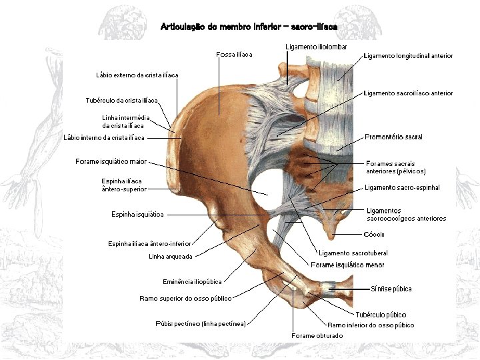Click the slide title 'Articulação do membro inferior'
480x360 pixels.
tap(249, 27)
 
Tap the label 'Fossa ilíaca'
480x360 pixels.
tap(235, 54)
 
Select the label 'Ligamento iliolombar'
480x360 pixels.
tap(315, 46)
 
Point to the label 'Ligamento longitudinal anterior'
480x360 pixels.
tap(408, 56)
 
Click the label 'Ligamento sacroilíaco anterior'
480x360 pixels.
tap(408, 93)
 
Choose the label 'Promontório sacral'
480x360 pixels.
tap(393, 137)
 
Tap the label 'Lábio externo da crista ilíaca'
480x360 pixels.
tap(137, 75)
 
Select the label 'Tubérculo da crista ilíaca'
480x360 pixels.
tap(122, 101)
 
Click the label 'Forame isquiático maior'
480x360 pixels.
tap(111, 161)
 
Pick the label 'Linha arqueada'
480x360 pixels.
tap(171, 257)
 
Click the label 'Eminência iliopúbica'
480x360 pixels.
tap(192, 281)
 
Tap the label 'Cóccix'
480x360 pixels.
tap(374, 234)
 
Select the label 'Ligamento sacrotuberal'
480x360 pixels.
tap(353, 253)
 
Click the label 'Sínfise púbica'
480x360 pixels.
tap(391, 289)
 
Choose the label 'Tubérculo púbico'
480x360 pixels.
tap(381, 314)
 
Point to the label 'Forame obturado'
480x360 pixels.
tap(317, 336)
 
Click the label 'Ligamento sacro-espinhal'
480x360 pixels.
tap(402, 188)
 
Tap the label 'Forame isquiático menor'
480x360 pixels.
tap(347, 265)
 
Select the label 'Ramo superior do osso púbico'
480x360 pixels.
tap(185, 298)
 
